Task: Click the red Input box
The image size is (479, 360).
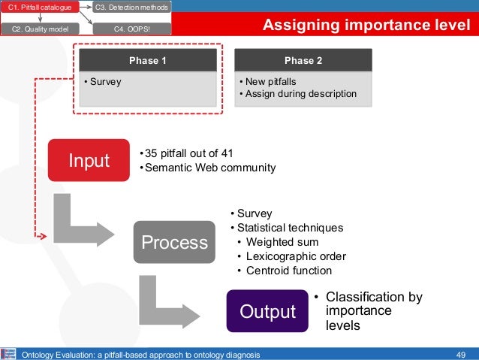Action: click(89, 160)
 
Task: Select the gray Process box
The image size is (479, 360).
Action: click(174, 242)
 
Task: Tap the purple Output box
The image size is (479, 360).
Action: click(267, 310)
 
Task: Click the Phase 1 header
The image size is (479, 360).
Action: click(148, 60)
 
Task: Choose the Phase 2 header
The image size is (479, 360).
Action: click(303, 60)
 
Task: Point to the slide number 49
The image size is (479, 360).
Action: click(462, 354)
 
